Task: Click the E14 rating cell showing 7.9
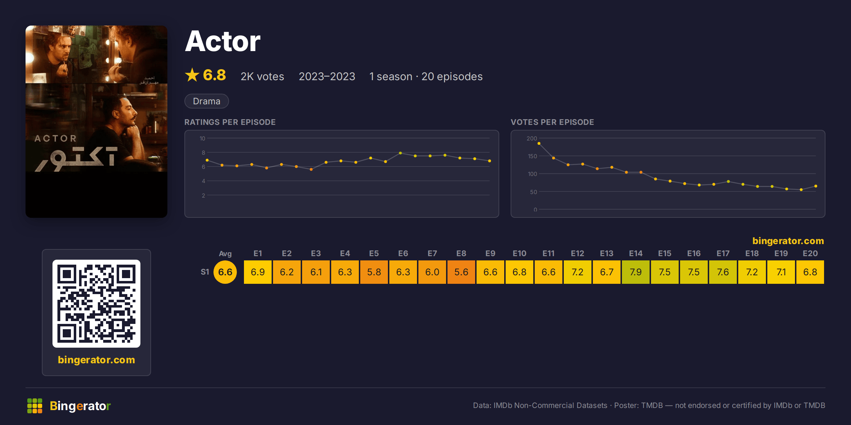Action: (x=635, y=272)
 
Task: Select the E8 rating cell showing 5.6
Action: (x=461, y=272)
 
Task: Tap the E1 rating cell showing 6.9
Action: (x=257, y=272)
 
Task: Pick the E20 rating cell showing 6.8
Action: (x=810, y=272)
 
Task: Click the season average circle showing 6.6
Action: (x=225, y=272)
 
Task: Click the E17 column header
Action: (x=723, y=253)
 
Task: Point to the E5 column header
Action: (x=374, y=253)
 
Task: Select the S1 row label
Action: (x=205, y=272)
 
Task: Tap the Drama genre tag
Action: (x=207, y=101)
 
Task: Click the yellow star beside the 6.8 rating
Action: (x=192, y=75)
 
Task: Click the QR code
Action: (x=96, y=304)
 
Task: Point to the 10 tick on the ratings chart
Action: (x=202, y=138)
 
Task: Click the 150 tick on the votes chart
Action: (x=532, y=156)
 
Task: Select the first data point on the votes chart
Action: (x=539, y=143)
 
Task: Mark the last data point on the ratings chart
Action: (x=490, y=161)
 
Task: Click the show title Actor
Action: (x=223, y=42)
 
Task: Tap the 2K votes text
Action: (x=262, y=77)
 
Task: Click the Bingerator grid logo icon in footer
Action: (x=35, y=406)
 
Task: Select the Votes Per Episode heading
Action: (x=552, y=122)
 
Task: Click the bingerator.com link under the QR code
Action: (x=96, y=360)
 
